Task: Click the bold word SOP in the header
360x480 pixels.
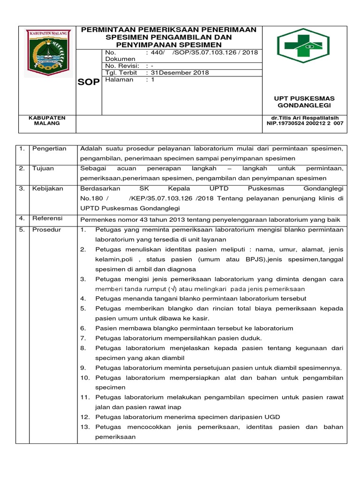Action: coord(89,82)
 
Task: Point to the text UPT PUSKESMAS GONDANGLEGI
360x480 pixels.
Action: coord(304,102)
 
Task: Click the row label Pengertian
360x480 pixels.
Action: coord(49,149)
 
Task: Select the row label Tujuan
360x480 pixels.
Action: coord(43,168)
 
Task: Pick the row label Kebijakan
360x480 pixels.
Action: coord(46,188)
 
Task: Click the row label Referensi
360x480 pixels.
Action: coord(46,218)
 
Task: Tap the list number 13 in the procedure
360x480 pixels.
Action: coord(85,427)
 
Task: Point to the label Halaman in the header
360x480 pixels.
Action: coord(119,80)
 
